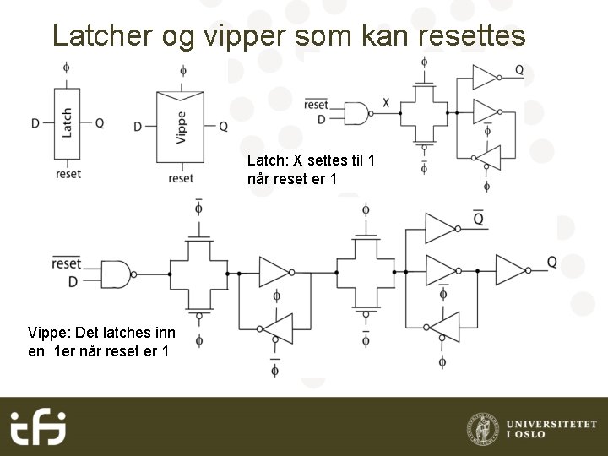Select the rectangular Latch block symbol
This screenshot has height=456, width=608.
click(x=67, y=122)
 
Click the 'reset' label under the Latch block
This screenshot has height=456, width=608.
click(x=68, y=174)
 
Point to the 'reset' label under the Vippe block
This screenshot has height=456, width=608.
click(x=181, y=178)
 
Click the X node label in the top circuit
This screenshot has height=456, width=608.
click(x=386, y=103)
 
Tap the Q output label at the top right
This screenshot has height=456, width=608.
click(x=518, y=69)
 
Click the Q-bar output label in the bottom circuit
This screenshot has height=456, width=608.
click(x=478, y=220)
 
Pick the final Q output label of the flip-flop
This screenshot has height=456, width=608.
click(x=551, y=263)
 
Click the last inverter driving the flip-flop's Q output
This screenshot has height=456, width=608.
click(x=511, y=271)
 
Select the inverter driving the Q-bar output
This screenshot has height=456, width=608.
click(x=441, y=227)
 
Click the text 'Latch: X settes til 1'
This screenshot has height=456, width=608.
click(x=310, y=160)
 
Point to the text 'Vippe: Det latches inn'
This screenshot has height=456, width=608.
click(x=101, y=333)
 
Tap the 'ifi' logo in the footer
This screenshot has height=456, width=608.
click(x=38, y=426)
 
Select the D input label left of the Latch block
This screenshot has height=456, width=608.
click(x=35, y=123)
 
